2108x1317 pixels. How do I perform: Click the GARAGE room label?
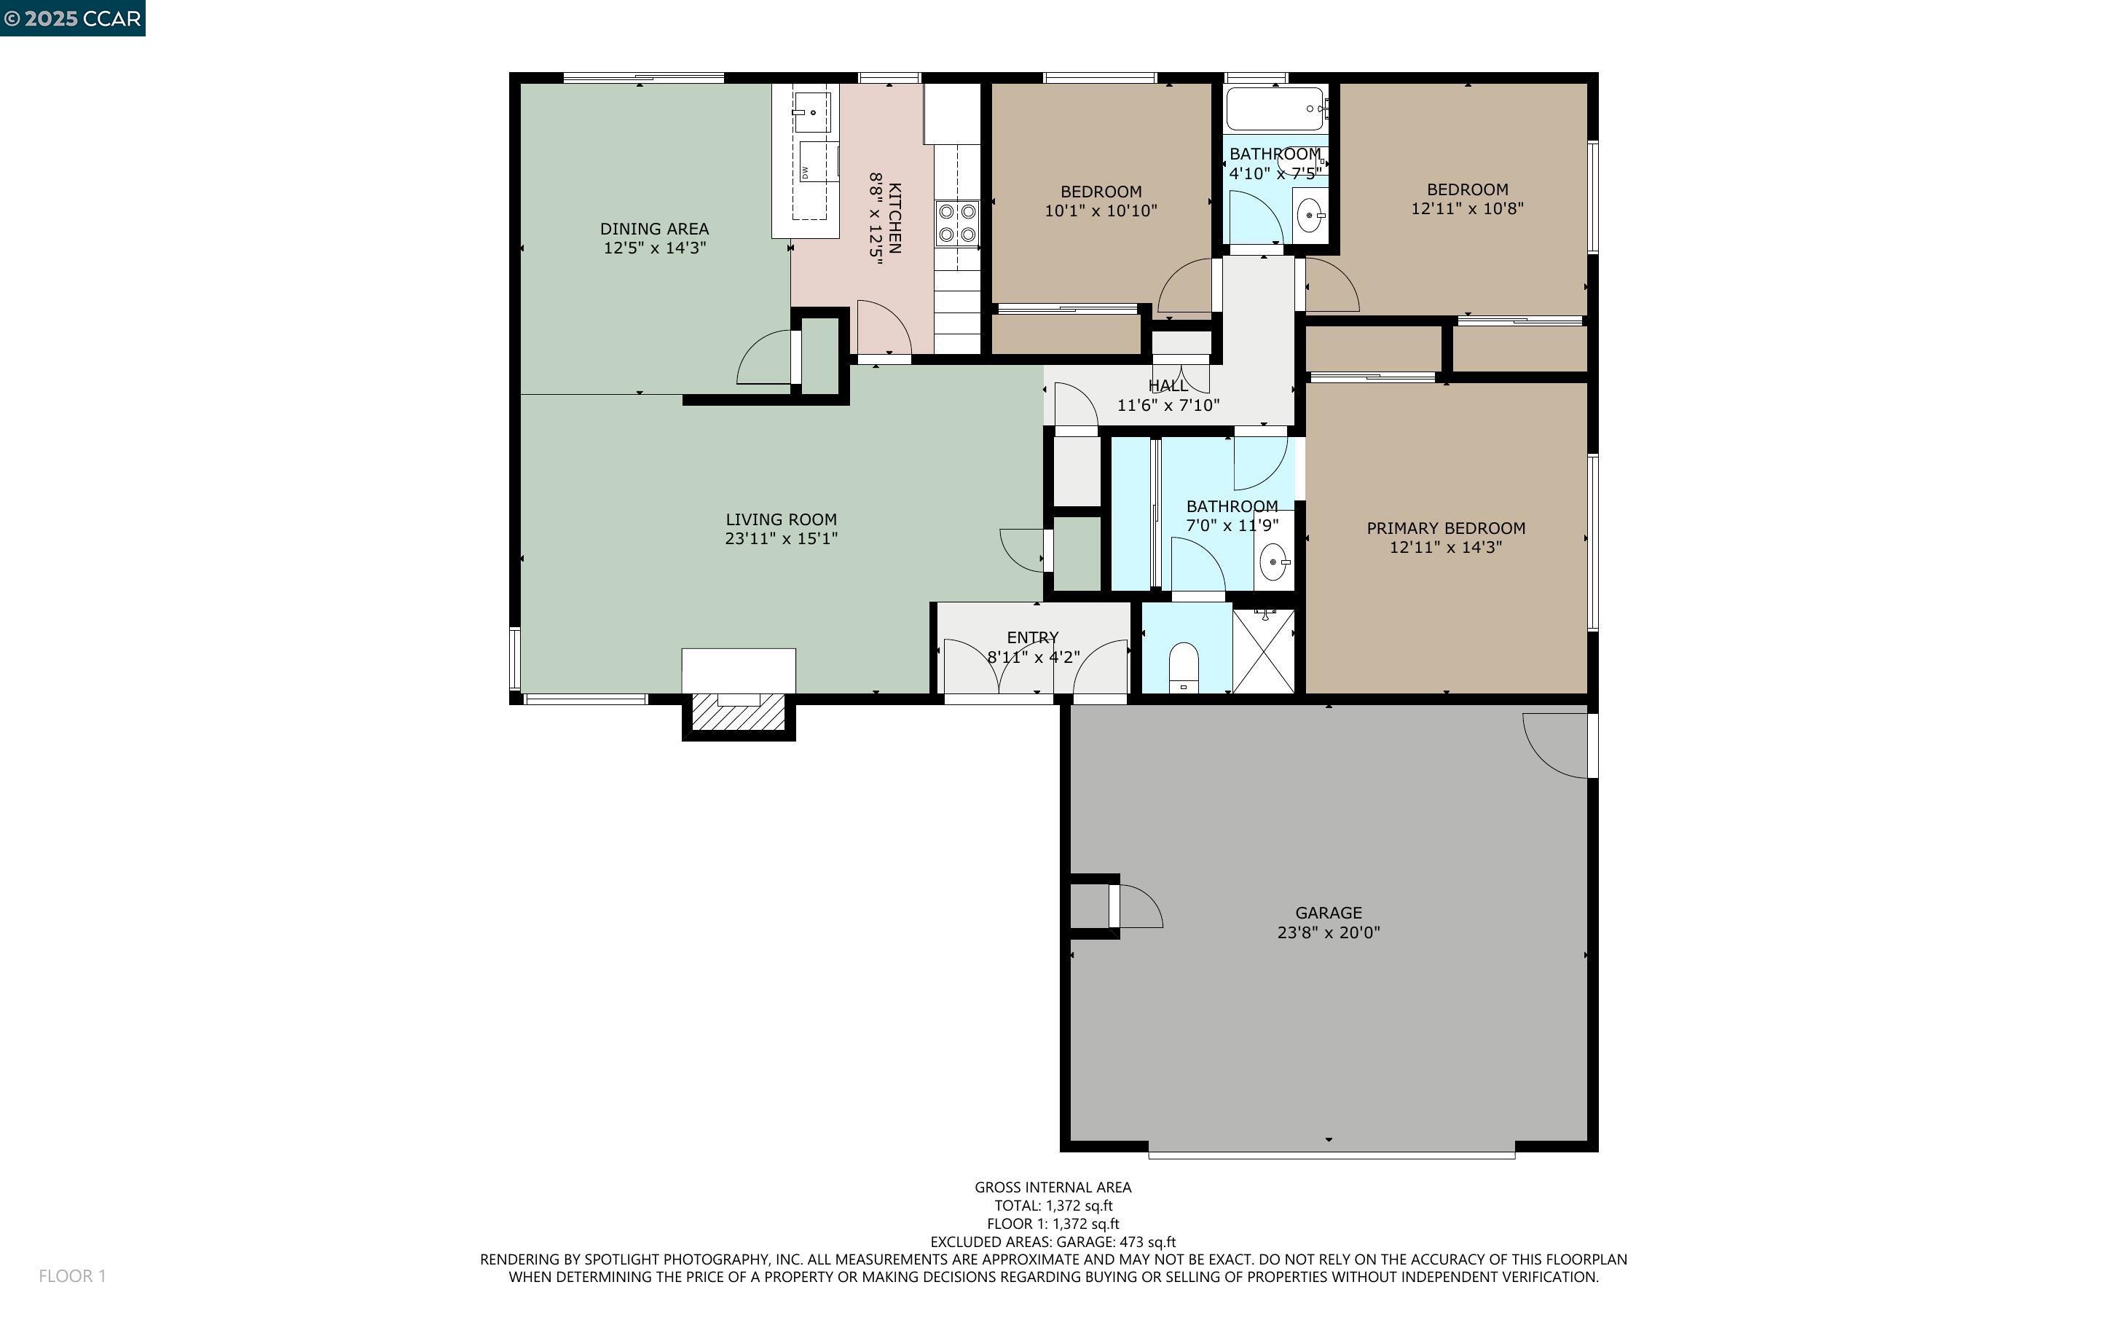[x=1328, y=913]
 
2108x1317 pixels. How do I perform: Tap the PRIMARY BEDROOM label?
[x=1445, y=528]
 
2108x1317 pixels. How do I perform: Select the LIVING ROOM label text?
[x=781, y=519]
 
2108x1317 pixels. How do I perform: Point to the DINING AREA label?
[x=654, y=229]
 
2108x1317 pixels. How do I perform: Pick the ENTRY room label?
[x=1033, y=637]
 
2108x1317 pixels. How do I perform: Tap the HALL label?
[x=1168, y=386]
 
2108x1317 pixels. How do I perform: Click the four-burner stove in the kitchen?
[x=957, y=222]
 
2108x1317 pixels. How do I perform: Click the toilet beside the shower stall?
[x=1184, y=667]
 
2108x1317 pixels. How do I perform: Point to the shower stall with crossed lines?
[x=1263, y=651]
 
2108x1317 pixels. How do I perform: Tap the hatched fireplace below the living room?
[x=739, y=712]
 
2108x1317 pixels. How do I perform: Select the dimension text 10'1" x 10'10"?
[x=1101, y=211]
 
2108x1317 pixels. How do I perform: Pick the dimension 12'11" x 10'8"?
[x=1467, y=209]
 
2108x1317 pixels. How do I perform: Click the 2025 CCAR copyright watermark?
[x=72, y=18]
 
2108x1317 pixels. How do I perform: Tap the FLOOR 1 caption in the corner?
[x=72, y=1276]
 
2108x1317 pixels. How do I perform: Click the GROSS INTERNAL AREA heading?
[x=1053, y=1187]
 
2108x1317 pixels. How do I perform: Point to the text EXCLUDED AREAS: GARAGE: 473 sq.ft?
[x=1053, y=1242]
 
